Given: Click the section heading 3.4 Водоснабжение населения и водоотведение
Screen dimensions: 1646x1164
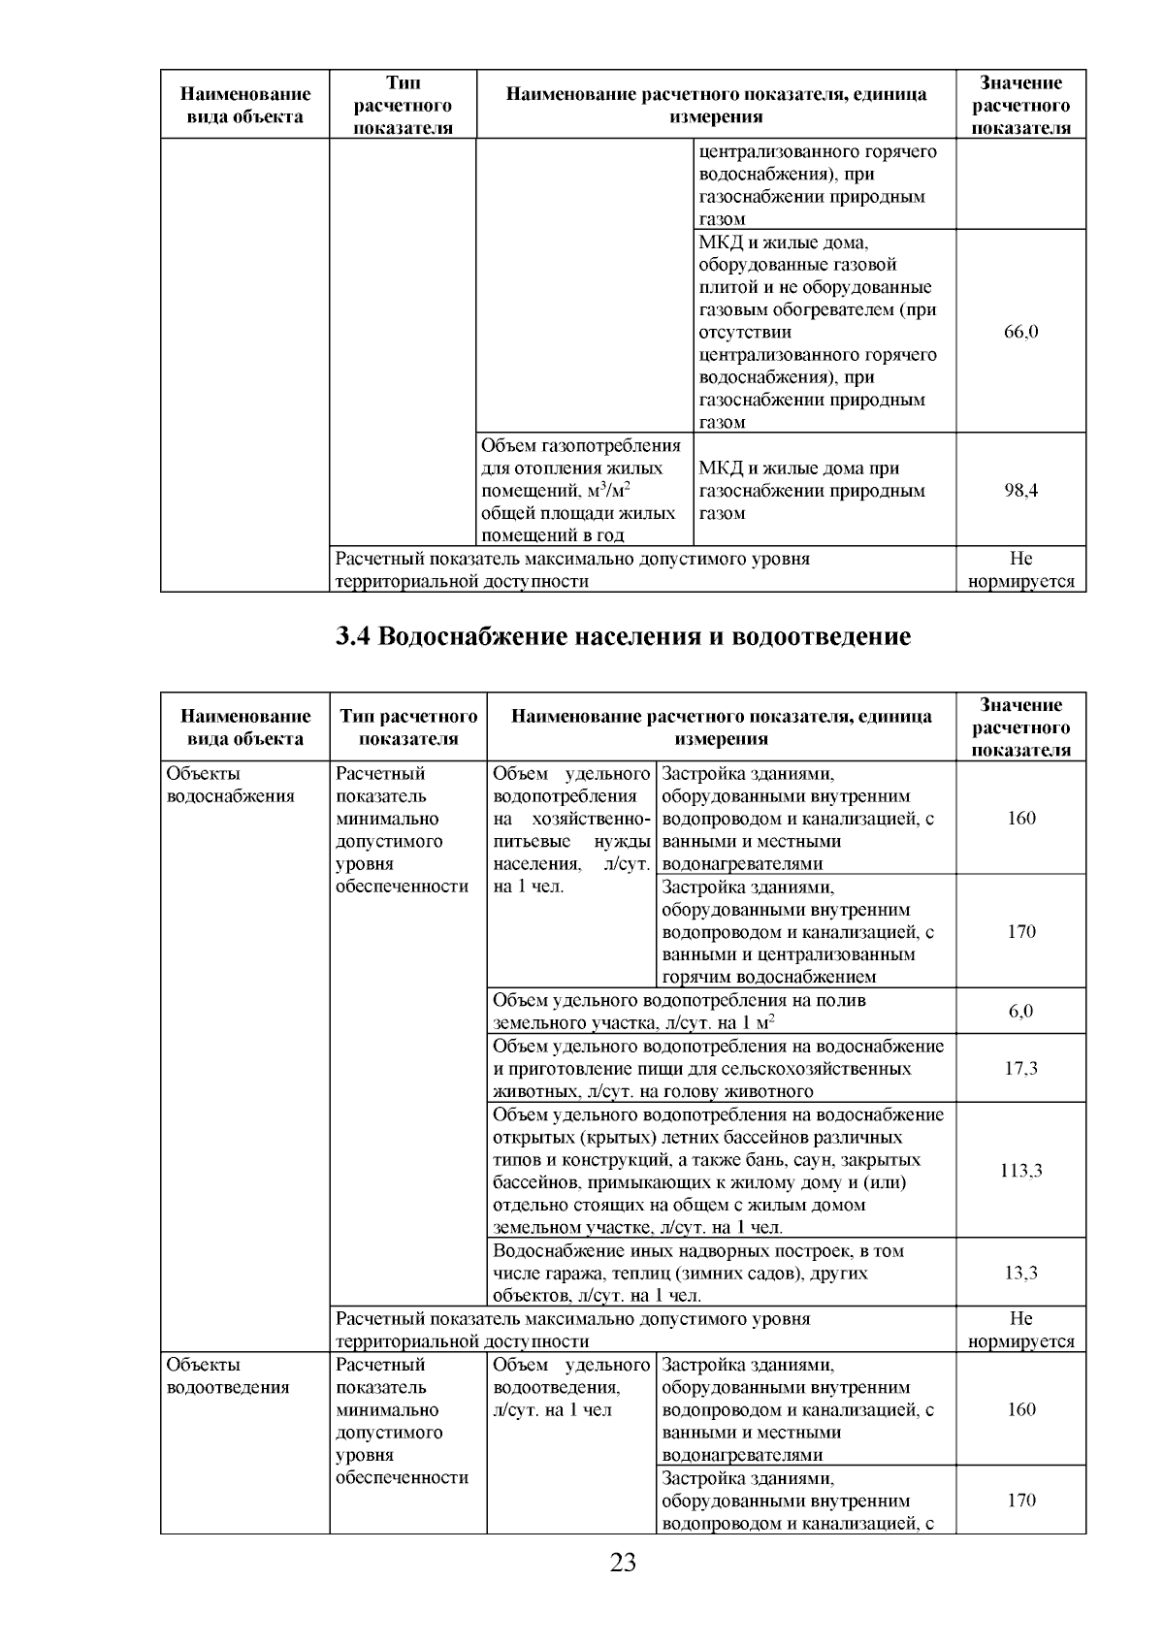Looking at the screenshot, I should point(623,637).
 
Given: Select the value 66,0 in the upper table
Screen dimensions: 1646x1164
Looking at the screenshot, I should point(1020,332).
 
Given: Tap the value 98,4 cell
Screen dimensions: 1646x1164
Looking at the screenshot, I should point(1020,491).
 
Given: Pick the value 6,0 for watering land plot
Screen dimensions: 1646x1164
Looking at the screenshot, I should point(1020,1011).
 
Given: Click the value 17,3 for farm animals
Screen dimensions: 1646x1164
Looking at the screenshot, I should point(1020,1068).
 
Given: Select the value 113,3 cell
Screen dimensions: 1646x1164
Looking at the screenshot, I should point(1020,1171).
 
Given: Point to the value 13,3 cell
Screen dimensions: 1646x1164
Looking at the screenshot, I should point(1020,1273).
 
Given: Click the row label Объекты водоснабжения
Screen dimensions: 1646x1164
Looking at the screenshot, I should point(231,786).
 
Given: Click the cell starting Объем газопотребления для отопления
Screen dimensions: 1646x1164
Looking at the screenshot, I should point(582,491).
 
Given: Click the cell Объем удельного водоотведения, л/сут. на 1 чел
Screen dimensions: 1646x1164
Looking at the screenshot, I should point(570,1387).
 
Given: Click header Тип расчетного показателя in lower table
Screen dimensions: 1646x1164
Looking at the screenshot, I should point(408,727).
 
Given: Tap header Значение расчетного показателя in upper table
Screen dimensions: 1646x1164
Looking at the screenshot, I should point(1020,105).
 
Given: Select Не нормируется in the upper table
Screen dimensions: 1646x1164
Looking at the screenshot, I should point(1020,570).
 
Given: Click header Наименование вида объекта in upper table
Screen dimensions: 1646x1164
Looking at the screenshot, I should point(245,105).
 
